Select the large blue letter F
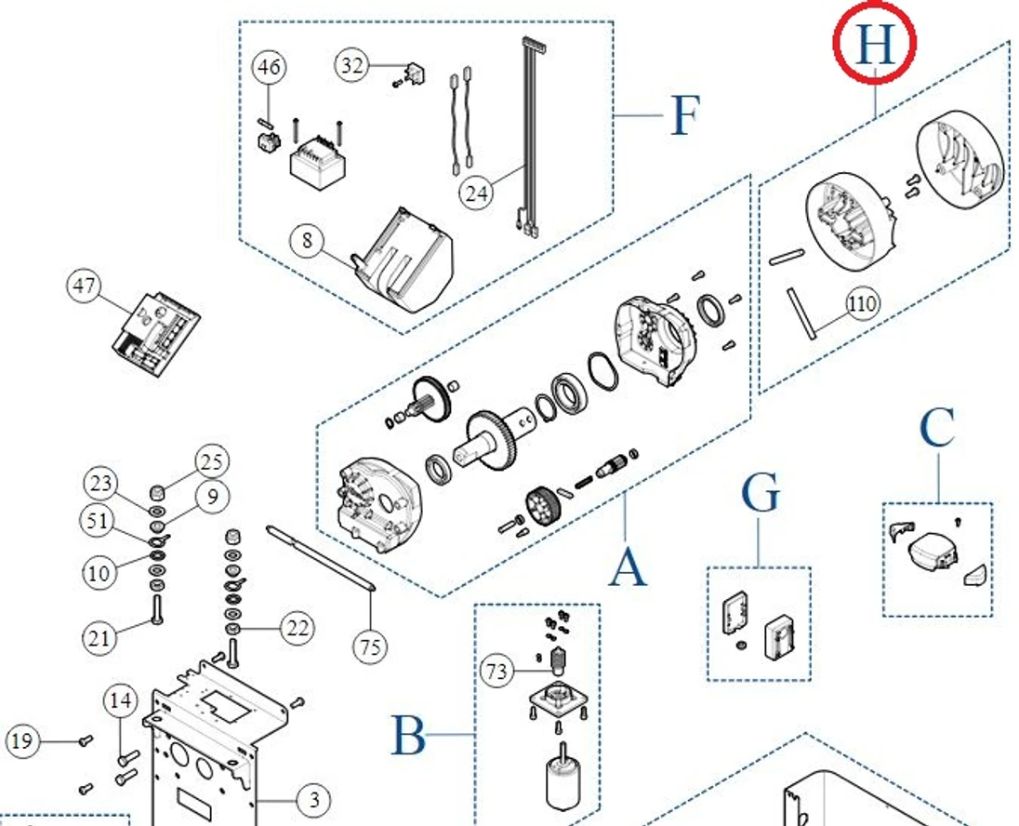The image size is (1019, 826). click(x=683, y=115)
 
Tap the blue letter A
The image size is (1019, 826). click(x=628, y=566)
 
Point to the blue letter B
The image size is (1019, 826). click(x=408, y=736)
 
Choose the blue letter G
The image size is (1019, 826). click(x=760, y=494)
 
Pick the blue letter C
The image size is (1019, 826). click(x=937, y=429)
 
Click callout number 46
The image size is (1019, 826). click(x=269, y=68)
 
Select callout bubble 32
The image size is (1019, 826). click(x=352, y=65)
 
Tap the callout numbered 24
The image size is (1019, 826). click(x=476, y=193)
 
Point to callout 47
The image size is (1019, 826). click(x=84, y=286)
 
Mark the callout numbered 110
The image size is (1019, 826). click(x=863, y=303)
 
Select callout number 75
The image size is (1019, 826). click(x=370, y=646)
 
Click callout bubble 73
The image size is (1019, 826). click(x=498, y=671)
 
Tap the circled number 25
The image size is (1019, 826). click(x=212, y=461)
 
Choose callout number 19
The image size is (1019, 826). click(x=23, y=741)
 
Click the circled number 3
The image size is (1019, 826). click(x=314, y=799)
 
